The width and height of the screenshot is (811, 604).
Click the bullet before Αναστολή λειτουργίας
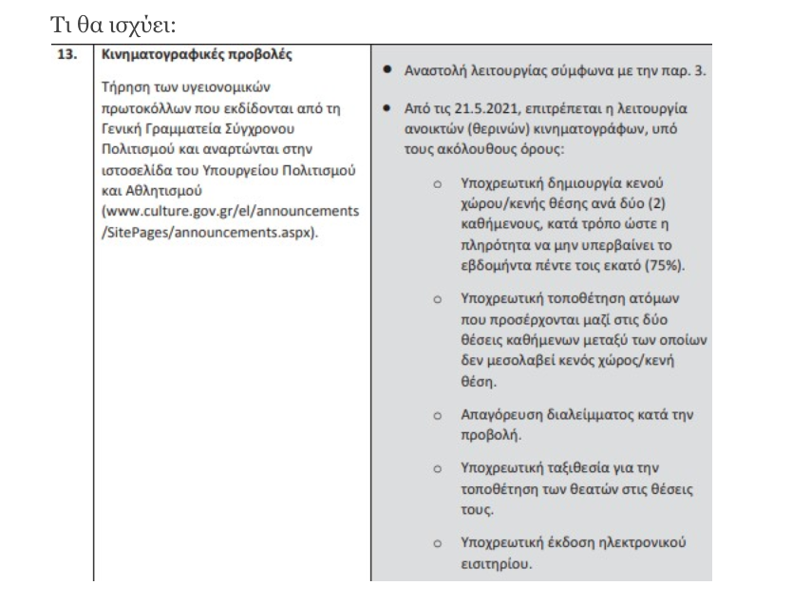[x=388, y=72]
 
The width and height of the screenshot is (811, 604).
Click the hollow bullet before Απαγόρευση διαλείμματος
[x=438, y=416]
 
